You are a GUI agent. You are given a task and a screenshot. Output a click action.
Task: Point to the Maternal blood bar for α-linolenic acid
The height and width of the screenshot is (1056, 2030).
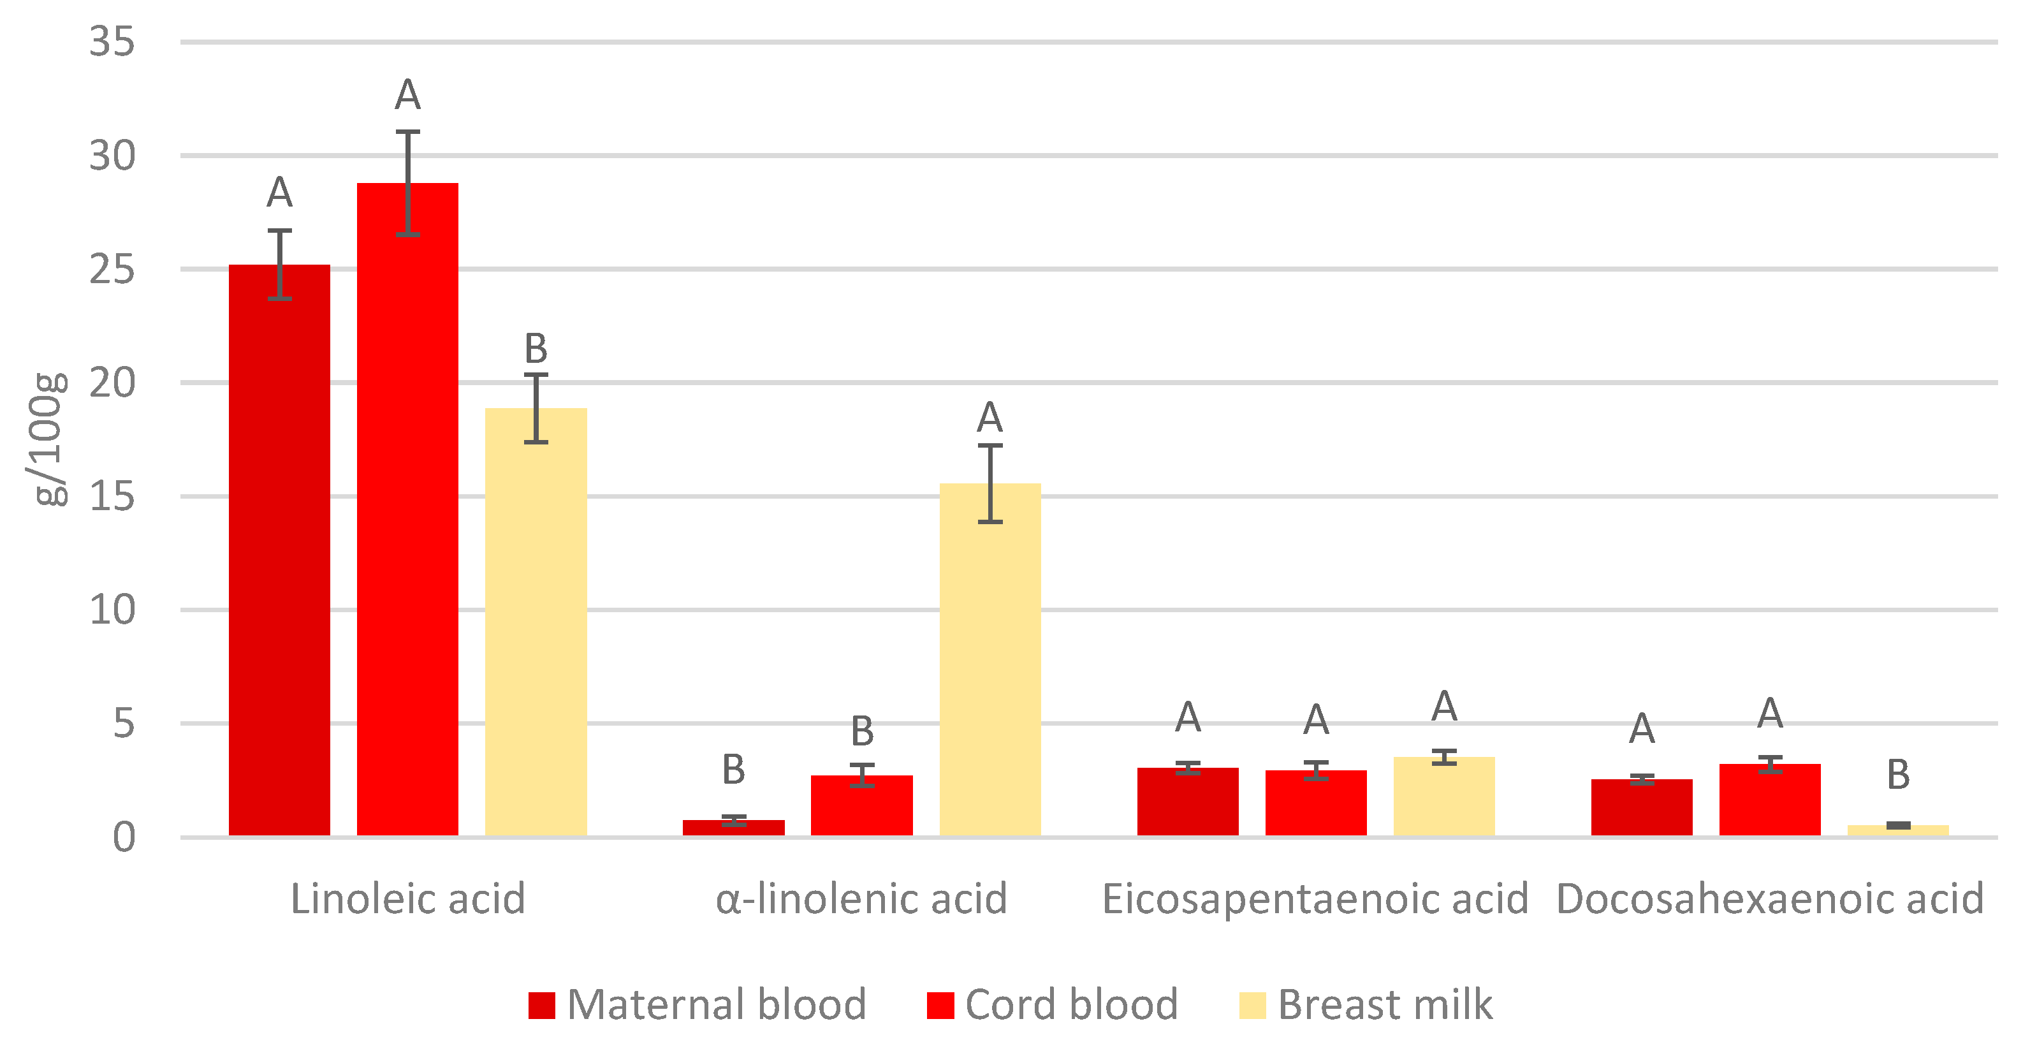[734, 828]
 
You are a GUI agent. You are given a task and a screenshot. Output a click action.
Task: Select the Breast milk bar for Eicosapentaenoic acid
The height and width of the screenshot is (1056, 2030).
[1443, 796]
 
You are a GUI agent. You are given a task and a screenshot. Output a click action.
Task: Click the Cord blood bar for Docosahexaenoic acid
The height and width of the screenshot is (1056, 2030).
[1770, 800]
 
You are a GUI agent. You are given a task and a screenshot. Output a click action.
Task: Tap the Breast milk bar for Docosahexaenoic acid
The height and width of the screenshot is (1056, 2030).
[1897, 831]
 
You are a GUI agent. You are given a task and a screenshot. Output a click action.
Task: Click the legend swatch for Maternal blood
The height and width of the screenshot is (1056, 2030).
[542, 1006]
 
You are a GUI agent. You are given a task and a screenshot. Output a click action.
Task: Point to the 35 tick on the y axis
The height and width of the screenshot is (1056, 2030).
[112, 41]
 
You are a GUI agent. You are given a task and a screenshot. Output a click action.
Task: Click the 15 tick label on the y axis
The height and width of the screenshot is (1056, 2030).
[112, 497]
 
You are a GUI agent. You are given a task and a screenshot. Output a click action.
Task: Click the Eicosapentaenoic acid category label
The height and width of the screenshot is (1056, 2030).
[1315, 899]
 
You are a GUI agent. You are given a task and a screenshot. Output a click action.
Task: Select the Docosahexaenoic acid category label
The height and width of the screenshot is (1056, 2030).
[1770, 899]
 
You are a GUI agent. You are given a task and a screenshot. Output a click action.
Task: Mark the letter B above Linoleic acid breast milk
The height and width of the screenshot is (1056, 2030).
[536, 348]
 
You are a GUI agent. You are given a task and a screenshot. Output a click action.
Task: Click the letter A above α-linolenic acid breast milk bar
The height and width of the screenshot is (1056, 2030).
[989, 417]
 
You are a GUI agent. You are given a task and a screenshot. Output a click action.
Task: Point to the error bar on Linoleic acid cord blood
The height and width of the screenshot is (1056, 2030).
[407, 183]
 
